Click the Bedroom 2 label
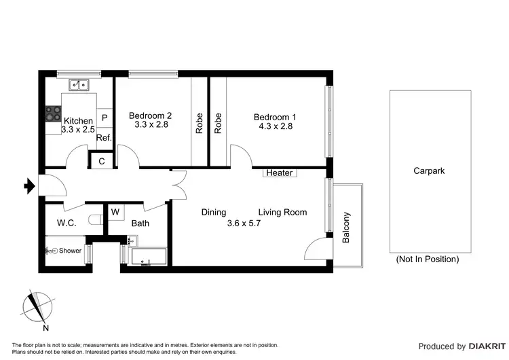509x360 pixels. [150, 115]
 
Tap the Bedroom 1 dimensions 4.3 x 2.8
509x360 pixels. [275, 126]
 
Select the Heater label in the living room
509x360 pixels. [279, 173]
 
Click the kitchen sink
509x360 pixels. [79, 85]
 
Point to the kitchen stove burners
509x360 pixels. [53, 113]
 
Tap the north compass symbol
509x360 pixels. [37, 308]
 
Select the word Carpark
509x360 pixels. [429, 171]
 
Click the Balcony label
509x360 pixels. [347, 227]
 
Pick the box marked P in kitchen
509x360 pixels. [105, 118]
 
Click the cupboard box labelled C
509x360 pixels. [102, 161]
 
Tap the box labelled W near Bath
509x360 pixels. [115, 212]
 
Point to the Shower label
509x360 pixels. [70, 251]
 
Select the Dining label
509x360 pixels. [214, 213]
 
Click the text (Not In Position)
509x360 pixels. [428, 259]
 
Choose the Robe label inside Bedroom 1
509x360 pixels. [219, 122]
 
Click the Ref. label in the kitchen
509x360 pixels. [104, 138]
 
